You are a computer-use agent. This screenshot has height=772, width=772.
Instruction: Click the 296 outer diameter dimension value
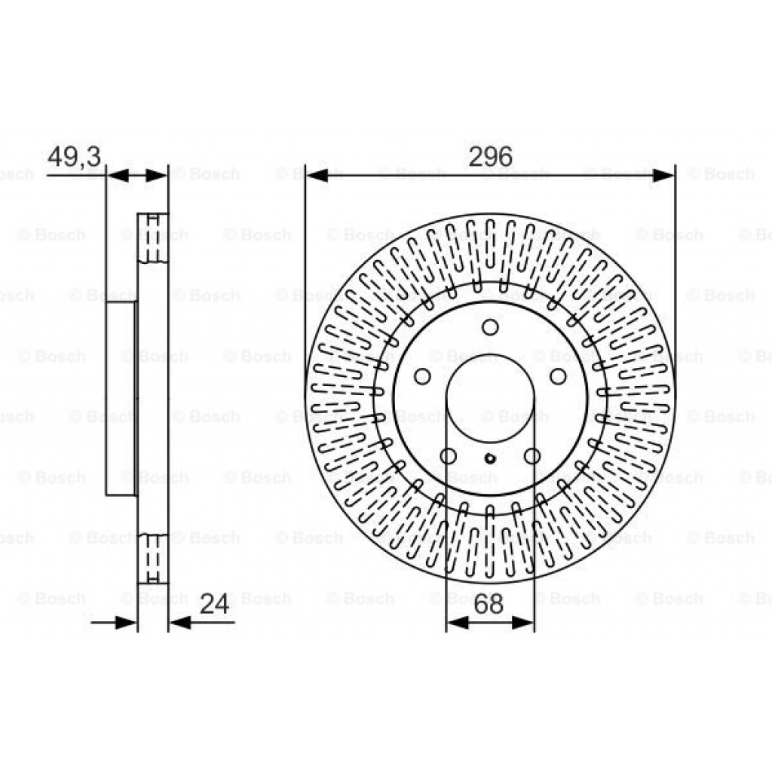coord(490,157)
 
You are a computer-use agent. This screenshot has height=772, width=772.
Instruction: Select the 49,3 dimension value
coord(75,157)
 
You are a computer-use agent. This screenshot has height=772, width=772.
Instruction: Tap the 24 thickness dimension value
coord(214,603)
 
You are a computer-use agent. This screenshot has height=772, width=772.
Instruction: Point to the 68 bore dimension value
coord(490,603)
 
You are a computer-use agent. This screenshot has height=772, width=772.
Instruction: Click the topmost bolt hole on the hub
coord(490,327)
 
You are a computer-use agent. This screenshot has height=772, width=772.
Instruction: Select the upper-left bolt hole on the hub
coord(423,376)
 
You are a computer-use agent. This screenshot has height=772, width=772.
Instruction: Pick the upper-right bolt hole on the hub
coord(557,376)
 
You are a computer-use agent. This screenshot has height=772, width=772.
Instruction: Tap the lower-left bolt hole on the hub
coord(448,455)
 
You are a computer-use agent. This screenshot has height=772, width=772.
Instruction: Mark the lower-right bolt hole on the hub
coord(532,455)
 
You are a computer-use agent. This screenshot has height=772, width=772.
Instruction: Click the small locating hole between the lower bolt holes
coord(490,458)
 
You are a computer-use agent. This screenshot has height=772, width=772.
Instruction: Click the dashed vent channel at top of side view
coord(153,237)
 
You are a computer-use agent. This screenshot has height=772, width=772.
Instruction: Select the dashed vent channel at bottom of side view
coord(153,558)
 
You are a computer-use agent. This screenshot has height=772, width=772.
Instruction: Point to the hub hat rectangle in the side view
coord(121,398)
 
